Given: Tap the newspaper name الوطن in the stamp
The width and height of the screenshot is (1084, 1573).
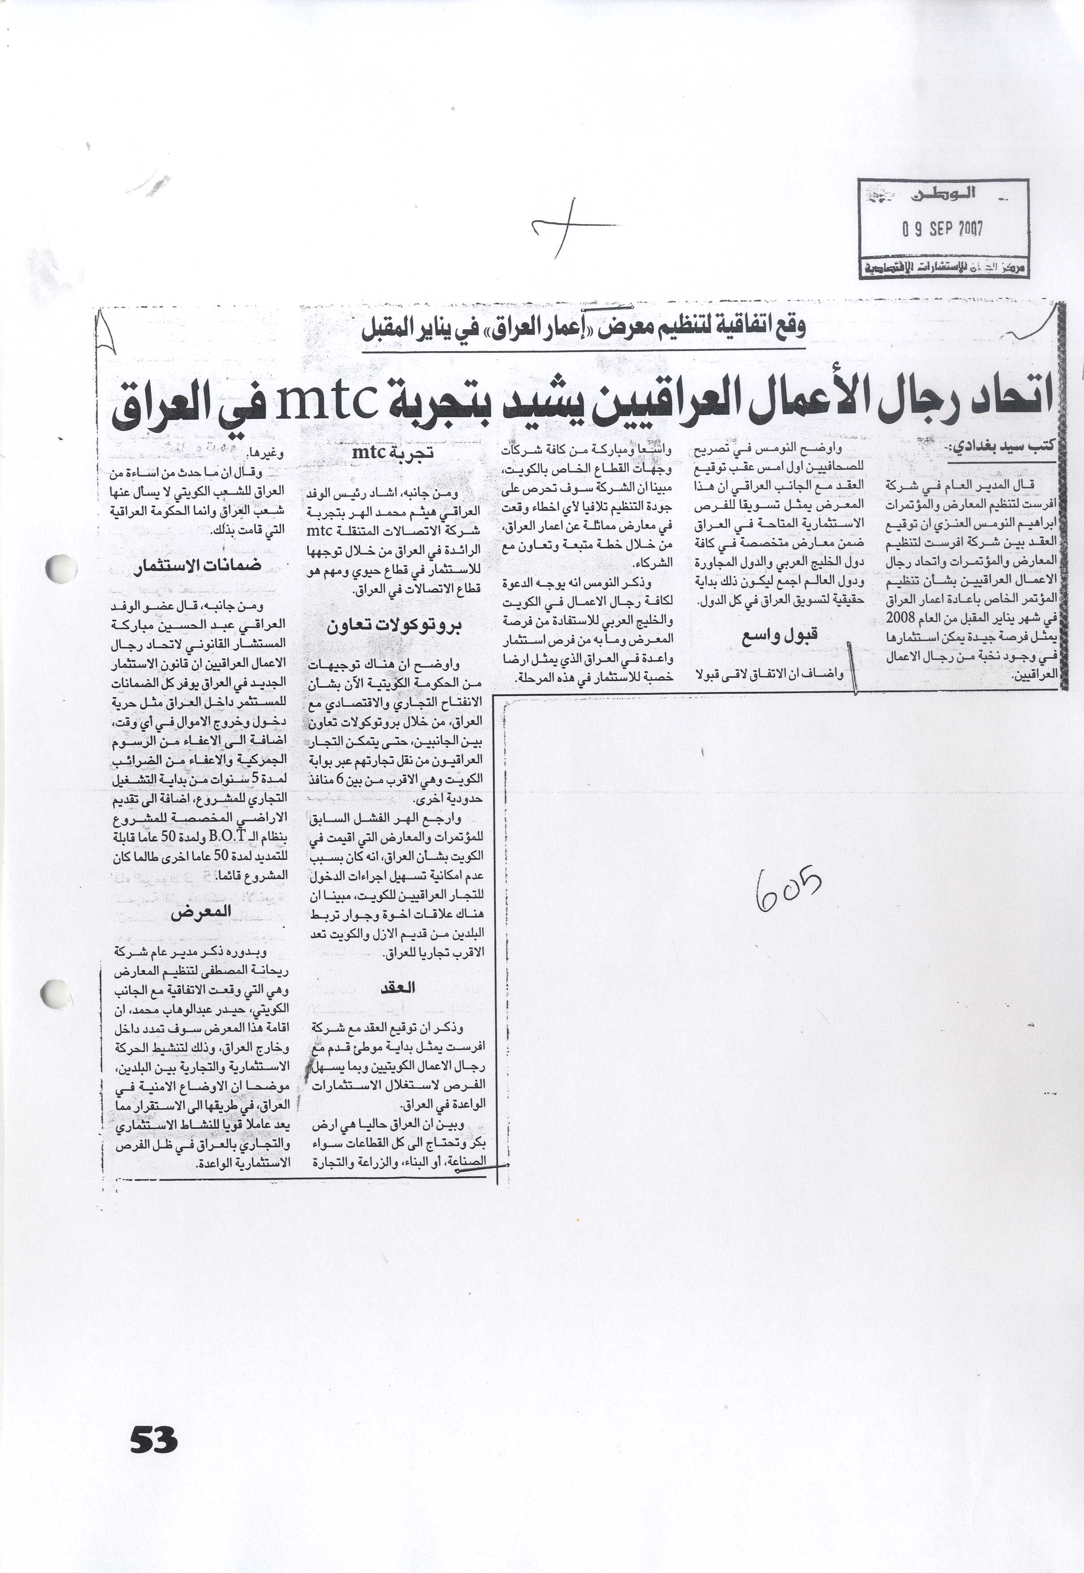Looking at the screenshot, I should coord(943,194).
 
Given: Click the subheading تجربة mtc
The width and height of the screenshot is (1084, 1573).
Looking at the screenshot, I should coord(393,452).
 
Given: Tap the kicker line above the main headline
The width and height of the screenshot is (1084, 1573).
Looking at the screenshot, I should coord(584,329).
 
